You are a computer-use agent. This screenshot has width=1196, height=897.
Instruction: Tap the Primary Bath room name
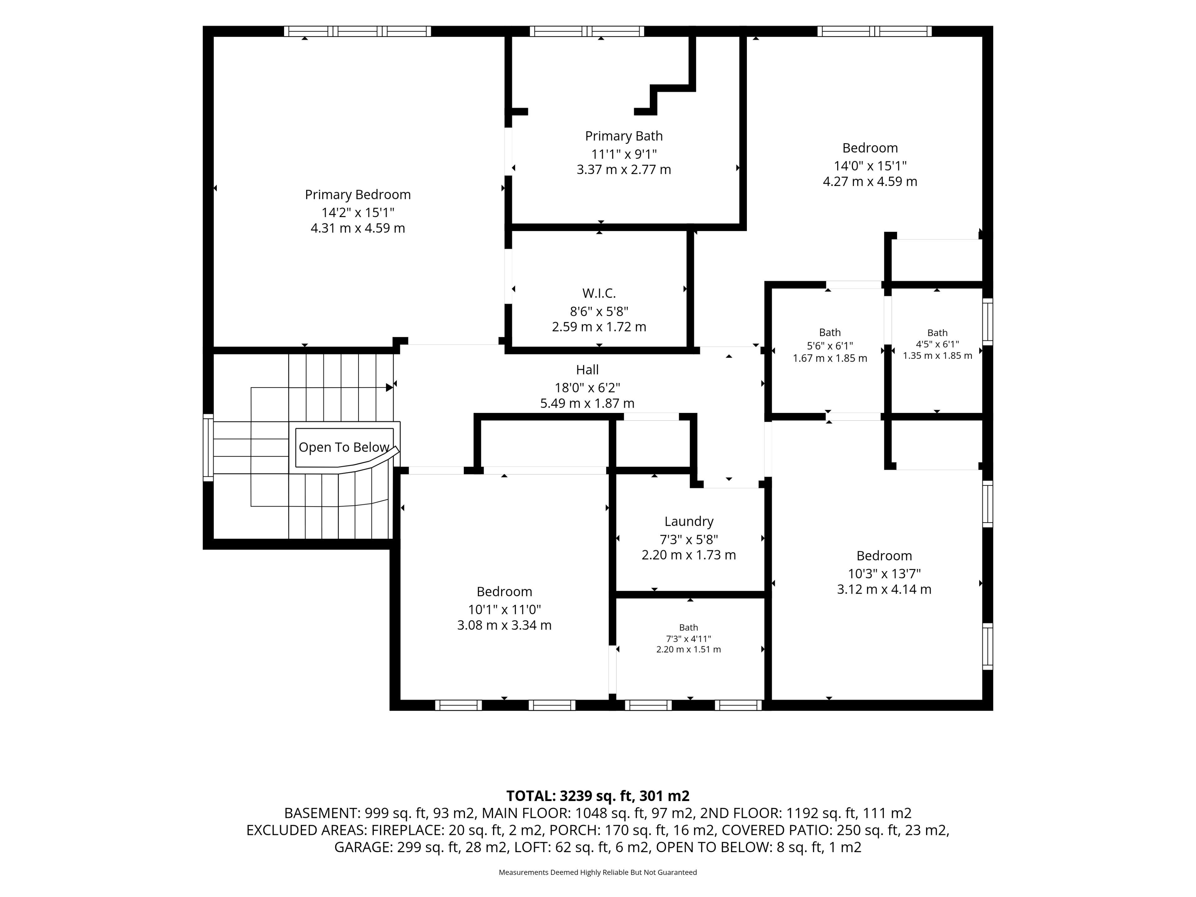624,136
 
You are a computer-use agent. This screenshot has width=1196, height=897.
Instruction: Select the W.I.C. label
599,293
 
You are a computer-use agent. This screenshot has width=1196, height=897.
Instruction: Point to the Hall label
587,370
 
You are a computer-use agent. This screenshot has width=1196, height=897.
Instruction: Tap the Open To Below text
344,448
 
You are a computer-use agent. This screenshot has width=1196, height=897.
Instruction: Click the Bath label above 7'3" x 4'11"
688,627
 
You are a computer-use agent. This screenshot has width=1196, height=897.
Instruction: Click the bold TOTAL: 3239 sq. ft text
569,796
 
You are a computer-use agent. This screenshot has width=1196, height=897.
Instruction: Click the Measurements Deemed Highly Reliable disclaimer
597,872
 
